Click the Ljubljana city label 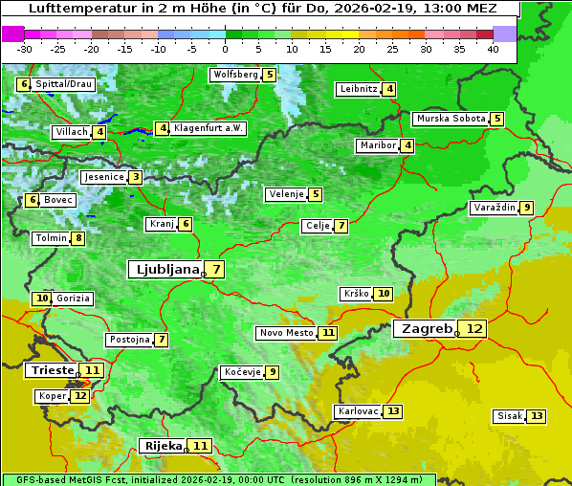165,270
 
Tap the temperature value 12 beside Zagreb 474,329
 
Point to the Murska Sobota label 450,119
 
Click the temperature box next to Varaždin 527,208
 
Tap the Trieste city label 52,370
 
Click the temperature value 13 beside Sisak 537,416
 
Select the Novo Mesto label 286,333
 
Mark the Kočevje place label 241,372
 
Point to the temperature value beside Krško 383,294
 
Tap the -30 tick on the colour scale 25,48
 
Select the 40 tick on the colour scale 493,48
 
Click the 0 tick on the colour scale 225,48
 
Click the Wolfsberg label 235,75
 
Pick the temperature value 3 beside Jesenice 136,177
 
